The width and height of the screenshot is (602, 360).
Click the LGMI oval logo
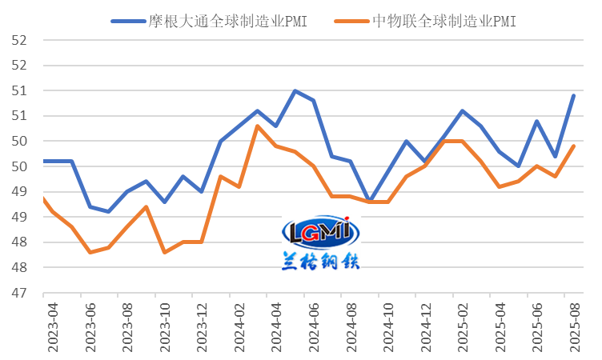point(321,232)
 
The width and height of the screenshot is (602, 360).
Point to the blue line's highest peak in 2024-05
point(295,90)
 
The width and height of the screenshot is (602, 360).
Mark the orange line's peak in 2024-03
point(258,126)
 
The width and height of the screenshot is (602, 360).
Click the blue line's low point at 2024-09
point(369,201)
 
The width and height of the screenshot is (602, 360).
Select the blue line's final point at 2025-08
point(574,95)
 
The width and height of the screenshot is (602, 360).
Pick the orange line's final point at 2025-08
point(574,146)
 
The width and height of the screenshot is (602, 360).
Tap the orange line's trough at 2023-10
point(165,252)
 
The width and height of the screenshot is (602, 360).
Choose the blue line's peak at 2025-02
point(463,110)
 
